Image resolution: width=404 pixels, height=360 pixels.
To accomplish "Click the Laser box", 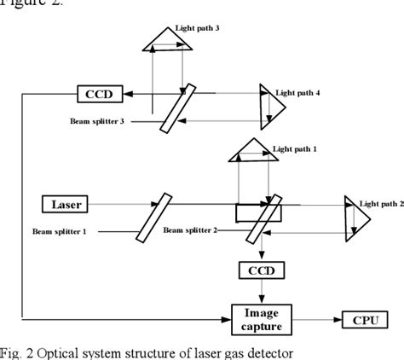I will click(67, 205).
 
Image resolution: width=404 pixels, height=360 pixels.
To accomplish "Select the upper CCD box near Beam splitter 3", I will click(99, 91).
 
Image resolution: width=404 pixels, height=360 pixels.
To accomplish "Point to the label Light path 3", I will click(198, 28).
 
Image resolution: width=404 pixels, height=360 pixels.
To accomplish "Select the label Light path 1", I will click(295, 148).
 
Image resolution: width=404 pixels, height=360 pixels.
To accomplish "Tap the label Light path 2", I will click(379, 204).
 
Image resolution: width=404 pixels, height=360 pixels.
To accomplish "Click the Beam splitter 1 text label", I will click(62, 233).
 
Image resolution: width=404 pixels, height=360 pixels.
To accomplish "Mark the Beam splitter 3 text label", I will click(97, 121).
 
